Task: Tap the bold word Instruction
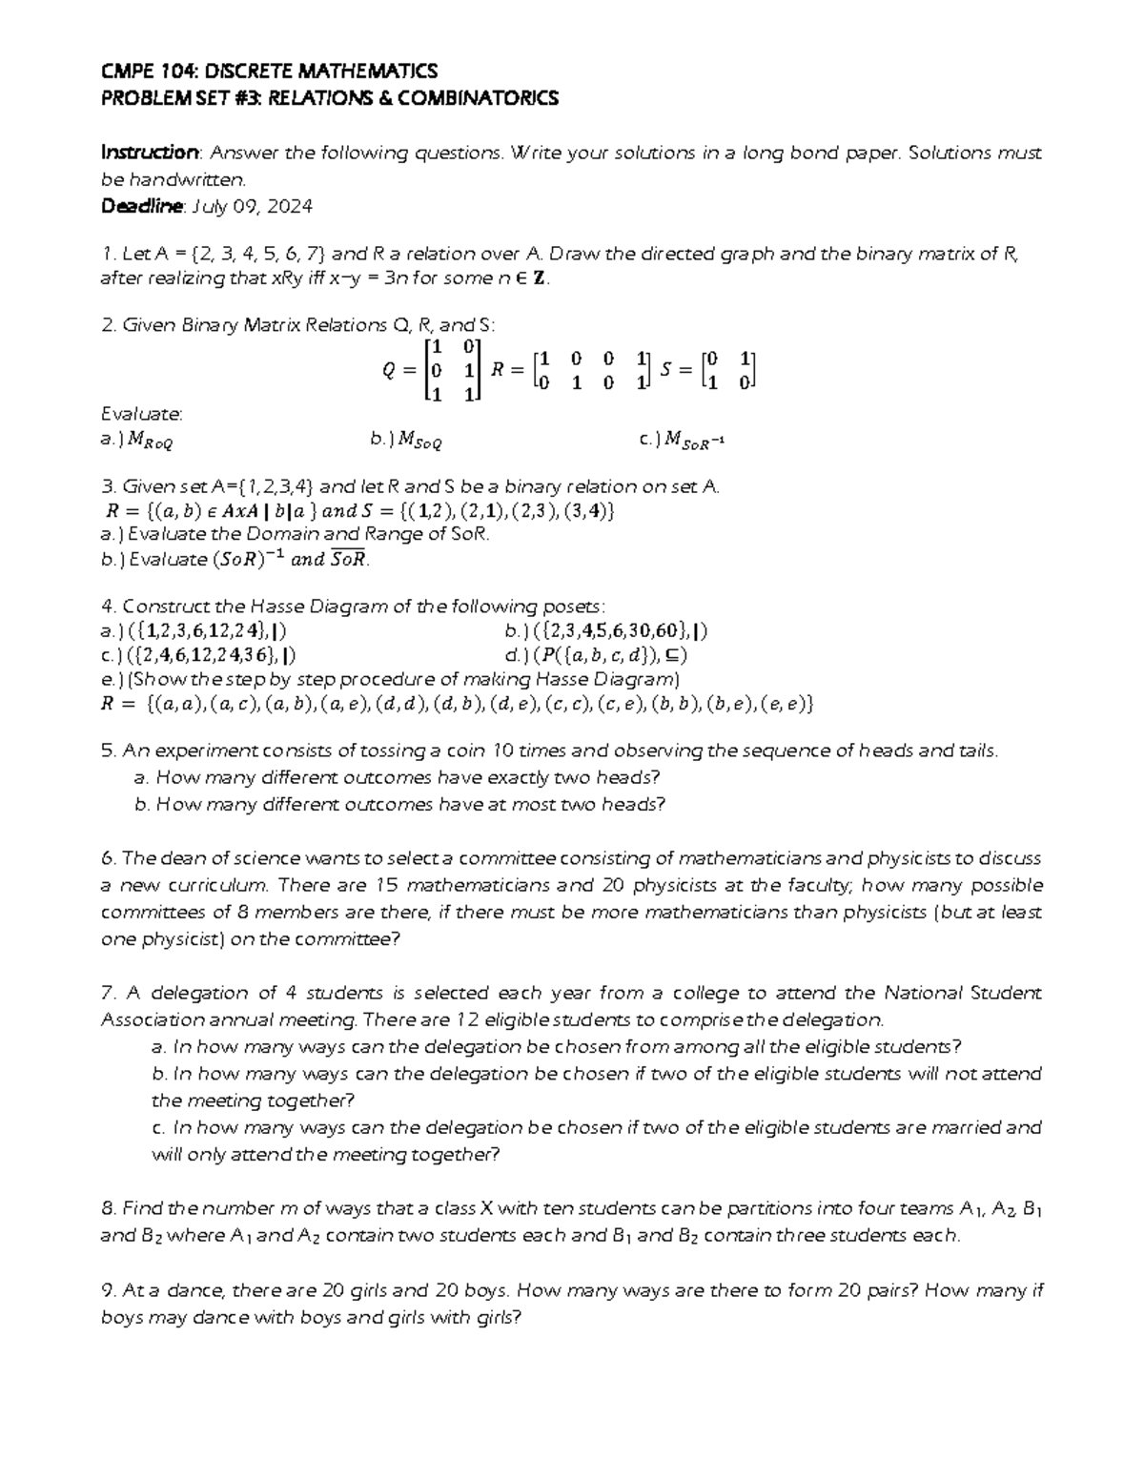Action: pos(150,153)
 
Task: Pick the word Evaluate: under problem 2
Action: pos(141,414)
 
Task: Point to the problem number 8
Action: pos(107,1208)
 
